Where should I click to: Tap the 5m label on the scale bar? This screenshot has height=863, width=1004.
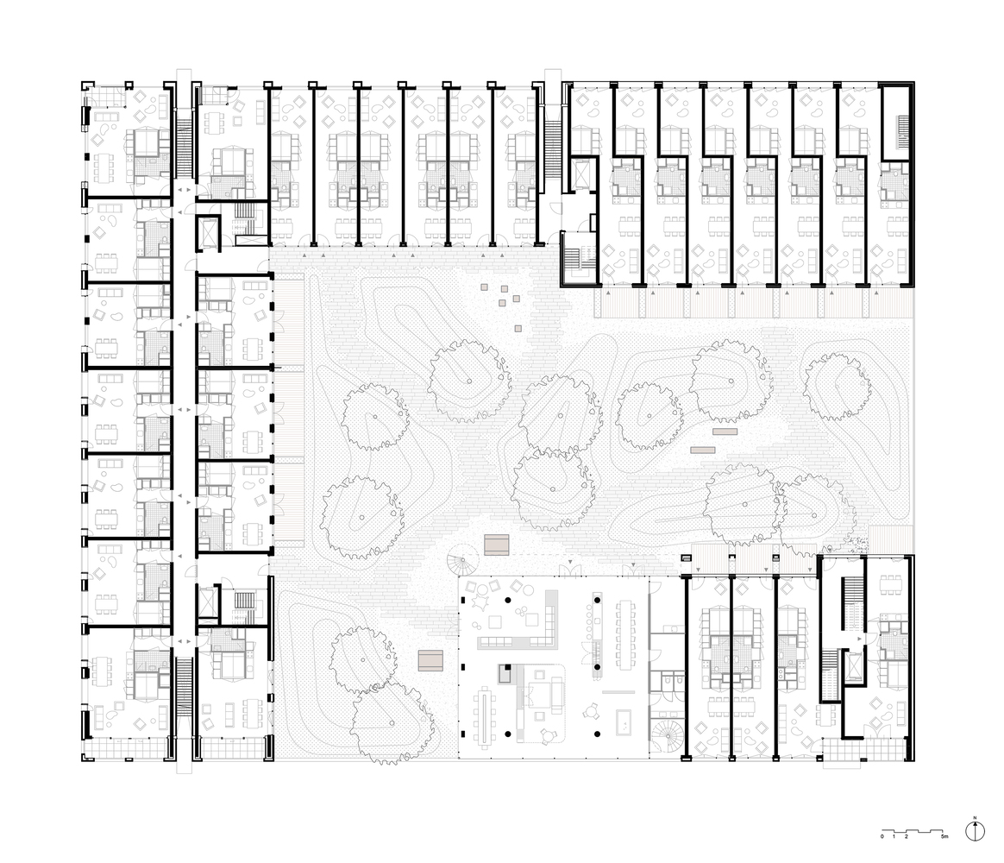(x=944, y=837)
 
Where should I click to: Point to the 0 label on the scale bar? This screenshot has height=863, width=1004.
(x=882, y=837)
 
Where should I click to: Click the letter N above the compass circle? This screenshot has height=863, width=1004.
(x=974, y=816)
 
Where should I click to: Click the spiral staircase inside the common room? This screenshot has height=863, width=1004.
(x=665, y=739)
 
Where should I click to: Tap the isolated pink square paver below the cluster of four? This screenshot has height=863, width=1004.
(x=518, y=328)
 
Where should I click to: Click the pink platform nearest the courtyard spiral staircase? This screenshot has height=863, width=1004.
(x=498, y=545)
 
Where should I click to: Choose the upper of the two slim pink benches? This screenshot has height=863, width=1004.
(x=725, y=431)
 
